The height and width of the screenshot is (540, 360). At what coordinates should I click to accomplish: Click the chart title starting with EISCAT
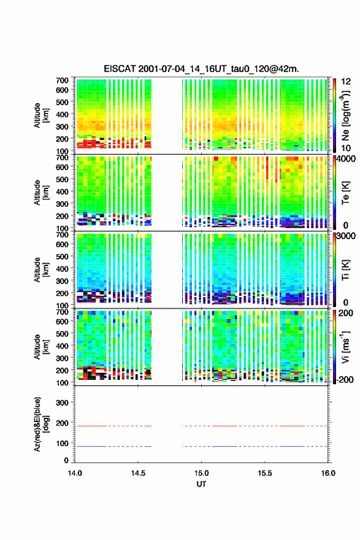[201, 69]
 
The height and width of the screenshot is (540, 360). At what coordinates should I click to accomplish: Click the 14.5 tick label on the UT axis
[138, 473]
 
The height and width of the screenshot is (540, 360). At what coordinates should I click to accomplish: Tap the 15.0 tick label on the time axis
[201, 473]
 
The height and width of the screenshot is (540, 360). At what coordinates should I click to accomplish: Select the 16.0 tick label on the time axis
[328, 473]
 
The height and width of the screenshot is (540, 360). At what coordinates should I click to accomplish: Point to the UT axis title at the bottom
[201, 484]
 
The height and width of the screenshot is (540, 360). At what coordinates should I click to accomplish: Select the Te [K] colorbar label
[345, 193]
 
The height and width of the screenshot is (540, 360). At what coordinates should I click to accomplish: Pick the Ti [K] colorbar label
[345, 269]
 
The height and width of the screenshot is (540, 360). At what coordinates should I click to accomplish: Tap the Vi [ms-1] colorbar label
[345, 347]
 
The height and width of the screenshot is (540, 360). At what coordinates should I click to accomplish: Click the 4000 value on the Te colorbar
[346, 160]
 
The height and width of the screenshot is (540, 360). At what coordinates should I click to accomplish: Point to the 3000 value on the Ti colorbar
[346, 236]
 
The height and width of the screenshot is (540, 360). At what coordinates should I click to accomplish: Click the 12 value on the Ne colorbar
[346, 82]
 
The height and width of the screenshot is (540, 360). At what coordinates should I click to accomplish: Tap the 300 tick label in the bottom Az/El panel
[62, 403]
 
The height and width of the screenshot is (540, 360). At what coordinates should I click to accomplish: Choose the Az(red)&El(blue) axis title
[41, 424]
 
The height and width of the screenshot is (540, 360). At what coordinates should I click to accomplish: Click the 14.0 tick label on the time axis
[75, 473]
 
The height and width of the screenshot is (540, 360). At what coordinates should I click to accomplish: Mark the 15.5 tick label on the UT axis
[265, 473]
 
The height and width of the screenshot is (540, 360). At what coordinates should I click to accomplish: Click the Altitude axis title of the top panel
[41, 115]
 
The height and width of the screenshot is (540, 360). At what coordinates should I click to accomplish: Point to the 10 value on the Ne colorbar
[346, 148]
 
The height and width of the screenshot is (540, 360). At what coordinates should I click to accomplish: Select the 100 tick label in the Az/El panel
[62, 444]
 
